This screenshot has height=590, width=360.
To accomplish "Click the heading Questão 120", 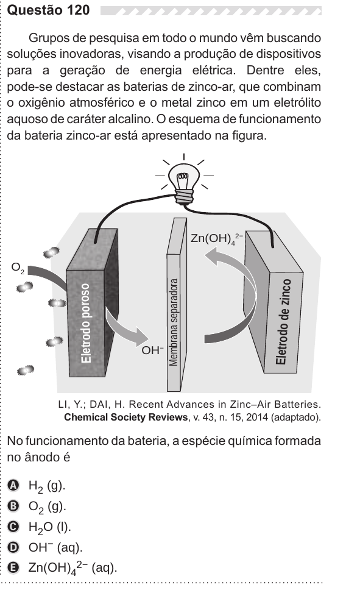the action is point(48,10).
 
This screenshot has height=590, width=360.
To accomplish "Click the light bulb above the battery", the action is point(184,183).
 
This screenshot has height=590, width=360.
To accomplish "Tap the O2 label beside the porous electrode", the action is point(18,268).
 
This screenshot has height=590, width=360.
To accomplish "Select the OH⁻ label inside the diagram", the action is point(152,350).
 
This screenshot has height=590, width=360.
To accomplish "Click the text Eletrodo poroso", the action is point(86,323).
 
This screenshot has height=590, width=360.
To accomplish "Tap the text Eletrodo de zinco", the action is point(282,322).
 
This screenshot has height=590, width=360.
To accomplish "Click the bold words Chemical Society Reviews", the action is point(125,418).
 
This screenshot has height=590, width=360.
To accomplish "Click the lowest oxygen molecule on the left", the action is point(26,370).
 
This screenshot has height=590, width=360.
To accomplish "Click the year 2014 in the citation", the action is point(257,418).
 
